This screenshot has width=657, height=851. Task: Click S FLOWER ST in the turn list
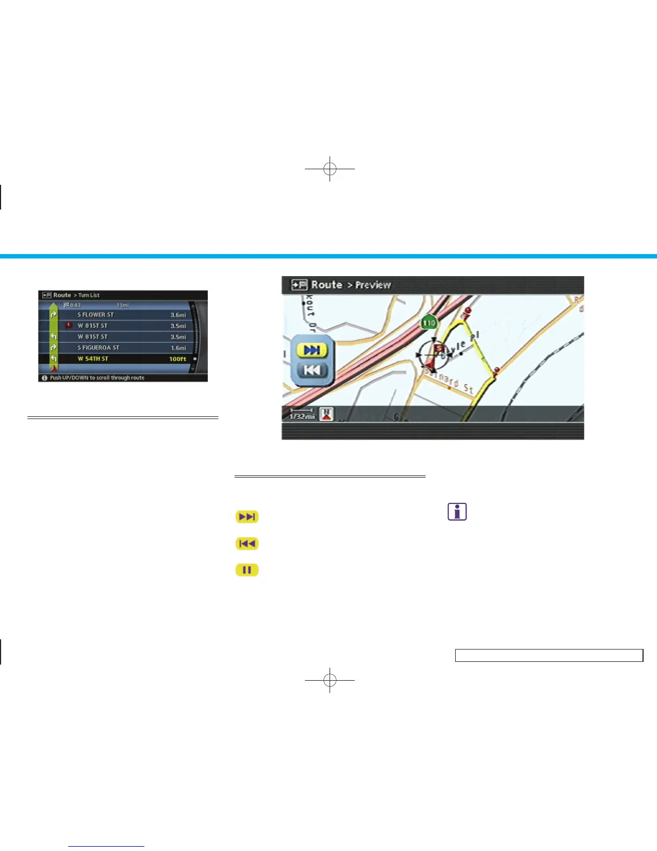pos(96,315)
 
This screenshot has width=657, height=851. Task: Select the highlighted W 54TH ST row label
pos(93,359)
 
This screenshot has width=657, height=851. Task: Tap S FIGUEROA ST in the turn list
pos(98,348)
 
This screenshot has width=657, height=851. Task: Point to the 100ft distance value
pos(178,359)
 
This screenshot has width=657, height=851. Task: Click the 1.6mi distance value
pos(178,348)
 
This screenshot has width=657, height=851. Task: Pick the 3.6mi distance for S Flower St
pos(178,315)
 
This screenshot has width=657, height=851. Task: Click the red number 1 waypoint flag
pos(68,325)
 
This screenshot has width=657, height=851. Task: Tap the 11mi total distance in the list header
pos(123,305)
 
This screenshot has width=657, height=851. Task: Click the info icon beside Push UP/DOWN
pos(45,378)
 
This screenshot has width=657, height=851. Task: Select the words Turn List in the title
pos(89,295)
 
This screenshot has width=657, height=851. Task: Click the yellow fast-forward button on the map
pos(312,350)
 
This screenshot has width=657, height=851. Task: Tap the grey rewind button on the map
pos(312,370)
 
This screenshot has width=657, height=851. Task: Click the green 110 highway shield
pos(429,323)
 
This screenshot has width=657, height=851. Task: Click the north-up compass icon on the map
pos(327,414)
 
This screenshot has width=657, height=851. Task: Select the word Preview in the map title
pos(373,285)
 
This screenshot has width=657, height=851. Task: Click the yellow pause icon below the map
pos(247,569)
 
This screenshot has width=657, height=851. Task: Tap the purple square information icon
pos(457,511)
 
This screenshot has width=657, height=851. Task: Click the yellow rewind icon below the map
pos(247,543)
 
